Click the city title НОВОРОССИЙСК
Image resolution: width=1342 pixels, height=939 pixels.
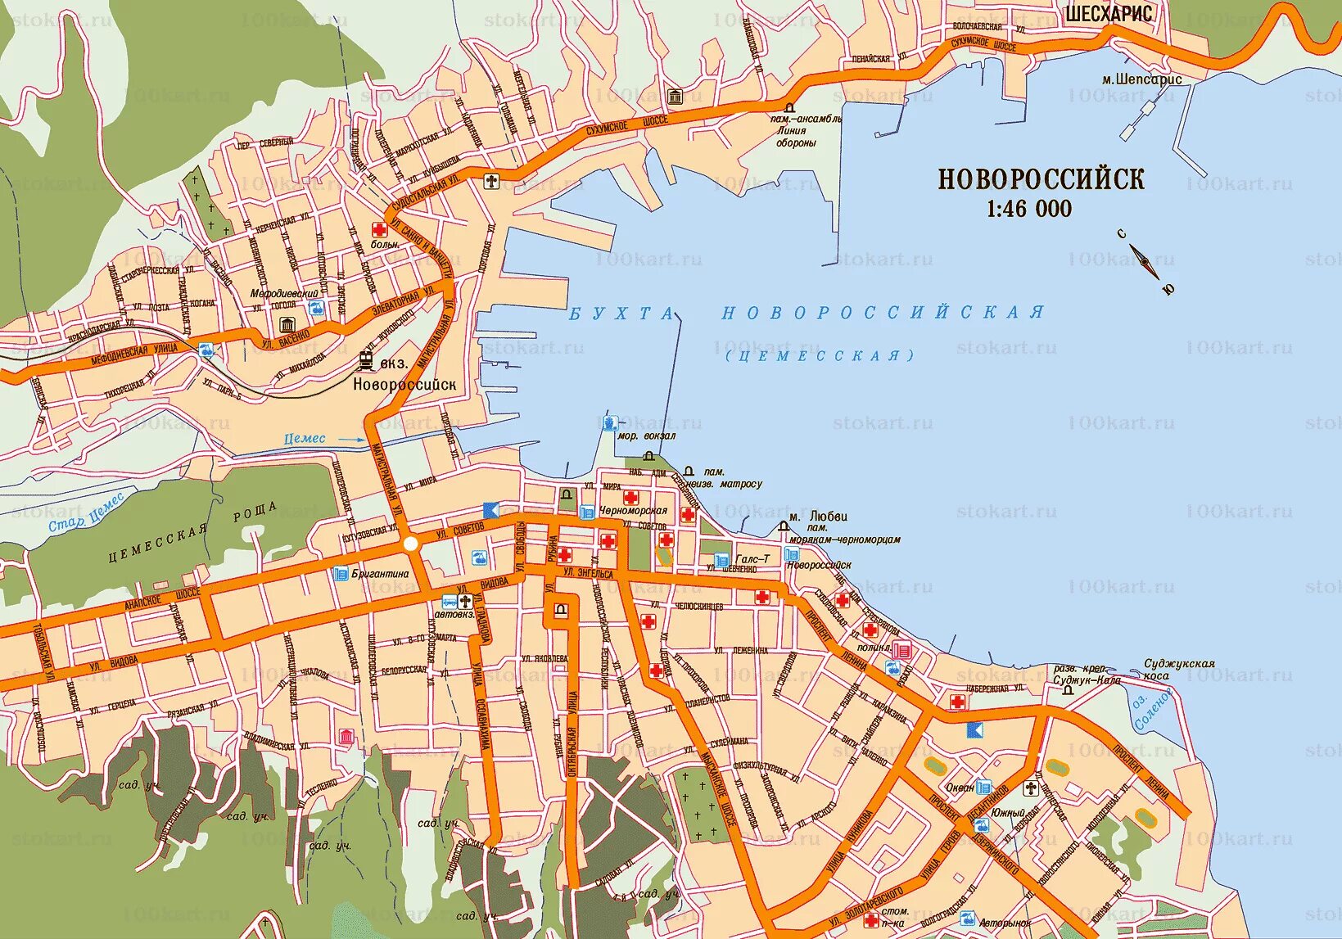[x=1041, y=179]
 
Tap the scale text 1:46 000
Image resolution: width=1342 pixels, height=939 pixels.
[x=1029, y=209]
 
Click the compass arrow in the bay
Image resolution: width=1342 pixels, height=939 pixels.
[x=1144, y=260]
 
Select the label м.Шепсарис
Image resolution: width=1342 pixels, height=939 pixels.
[x=1141, y=79]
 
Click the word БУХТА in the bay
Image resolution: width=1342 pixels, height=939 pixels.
[x=622, y=314]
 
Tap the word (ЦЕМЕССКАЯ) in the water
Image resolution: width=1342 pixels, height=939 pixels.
[x=820, y=355]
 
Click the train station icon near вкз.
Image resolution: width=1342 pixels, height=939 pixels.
[x=365, y=361]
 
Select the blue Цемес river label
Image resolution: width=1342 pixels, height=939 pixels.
[x=305, y=439]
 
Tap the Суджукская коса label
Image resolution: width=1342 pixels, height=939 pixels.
[x=1180, y=669]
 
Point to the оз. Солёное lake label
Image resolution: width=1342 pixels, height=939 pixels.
[x=1154, y=707]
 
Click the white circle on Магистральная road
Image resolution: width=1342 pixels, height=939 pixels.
[x=411, y=544]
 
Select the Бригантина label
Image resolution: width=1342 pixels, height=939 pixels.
[x=380, y=574]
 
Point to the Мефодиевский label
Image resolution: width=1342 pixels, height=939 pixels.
[x=285, y=293]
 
